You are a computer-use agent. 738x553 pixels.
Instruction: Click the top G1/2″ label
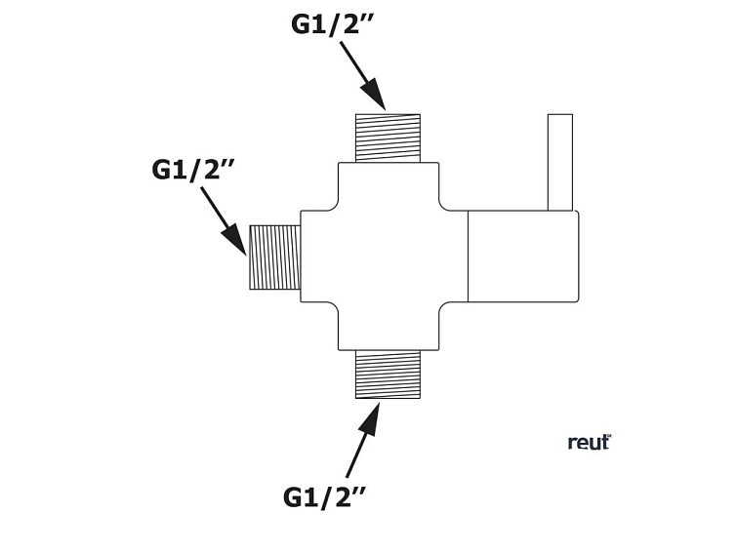point(332,23)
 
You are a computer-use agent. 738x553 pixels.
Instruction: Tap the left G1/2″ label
point(193,169)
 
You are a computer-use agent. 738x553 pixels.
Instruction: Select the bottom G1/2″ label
point(324,496)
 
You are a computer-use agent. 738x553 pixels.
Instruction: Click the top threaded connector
point(388,138)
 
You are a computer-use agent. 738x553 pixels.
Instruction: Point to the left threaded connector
point(274,257)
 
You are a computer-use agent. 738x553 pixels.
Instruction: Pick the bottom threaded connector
point(388,374)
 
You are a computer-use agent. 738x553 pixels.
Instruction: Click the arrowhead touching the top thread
point(373,95)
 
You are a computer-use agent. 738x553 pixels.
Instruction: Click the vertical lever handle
point(559,162)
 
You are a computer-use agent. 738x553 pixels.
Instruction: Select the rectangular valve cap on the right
point(523,256)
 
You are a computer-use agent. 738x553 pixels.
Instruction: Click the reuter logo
point(590,442)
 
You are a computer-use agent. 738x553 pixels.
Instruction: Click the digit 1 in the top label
point(323,24)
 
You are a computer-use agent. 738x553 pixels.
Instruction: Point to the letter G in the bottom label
point(295,497)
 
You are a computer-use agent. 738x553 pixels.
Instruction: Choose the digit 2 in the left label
point(210,170)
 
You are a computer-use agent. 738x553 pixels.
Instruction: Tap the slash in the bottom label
point(328,497)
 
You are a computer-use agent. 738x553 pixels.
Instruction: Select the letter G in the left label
point(163,170)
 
